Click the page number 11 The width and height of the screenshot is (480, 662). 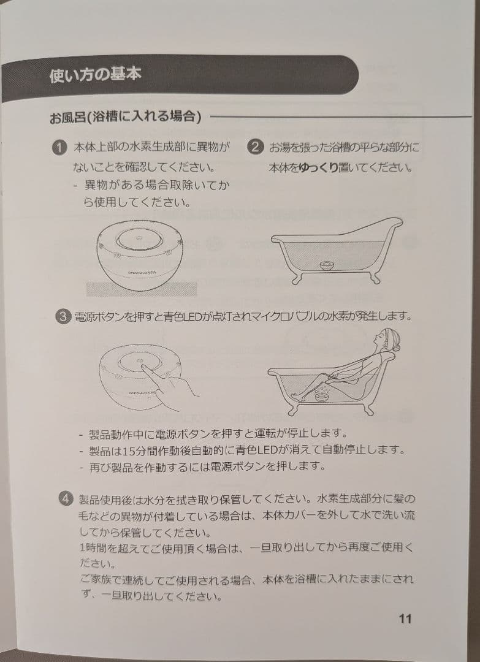(x=405, y=619)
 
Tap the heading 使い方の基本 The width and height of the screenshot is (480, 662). (x=96, y=75)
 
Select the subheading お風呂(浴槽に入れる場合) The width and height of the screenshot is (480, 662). (x=125, y=116)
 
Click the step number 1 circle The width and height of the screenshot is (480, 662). (x=59, y=148)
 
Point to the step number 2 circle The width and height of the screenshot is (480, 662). (x=254, y=147)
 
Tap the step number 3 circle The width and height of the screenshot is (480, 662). (x=63, y=317)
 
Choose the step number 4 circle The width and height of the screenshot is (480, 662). (x=66, y=498)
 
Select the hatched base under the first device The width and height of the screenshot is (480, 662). (x=142, y=289)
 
